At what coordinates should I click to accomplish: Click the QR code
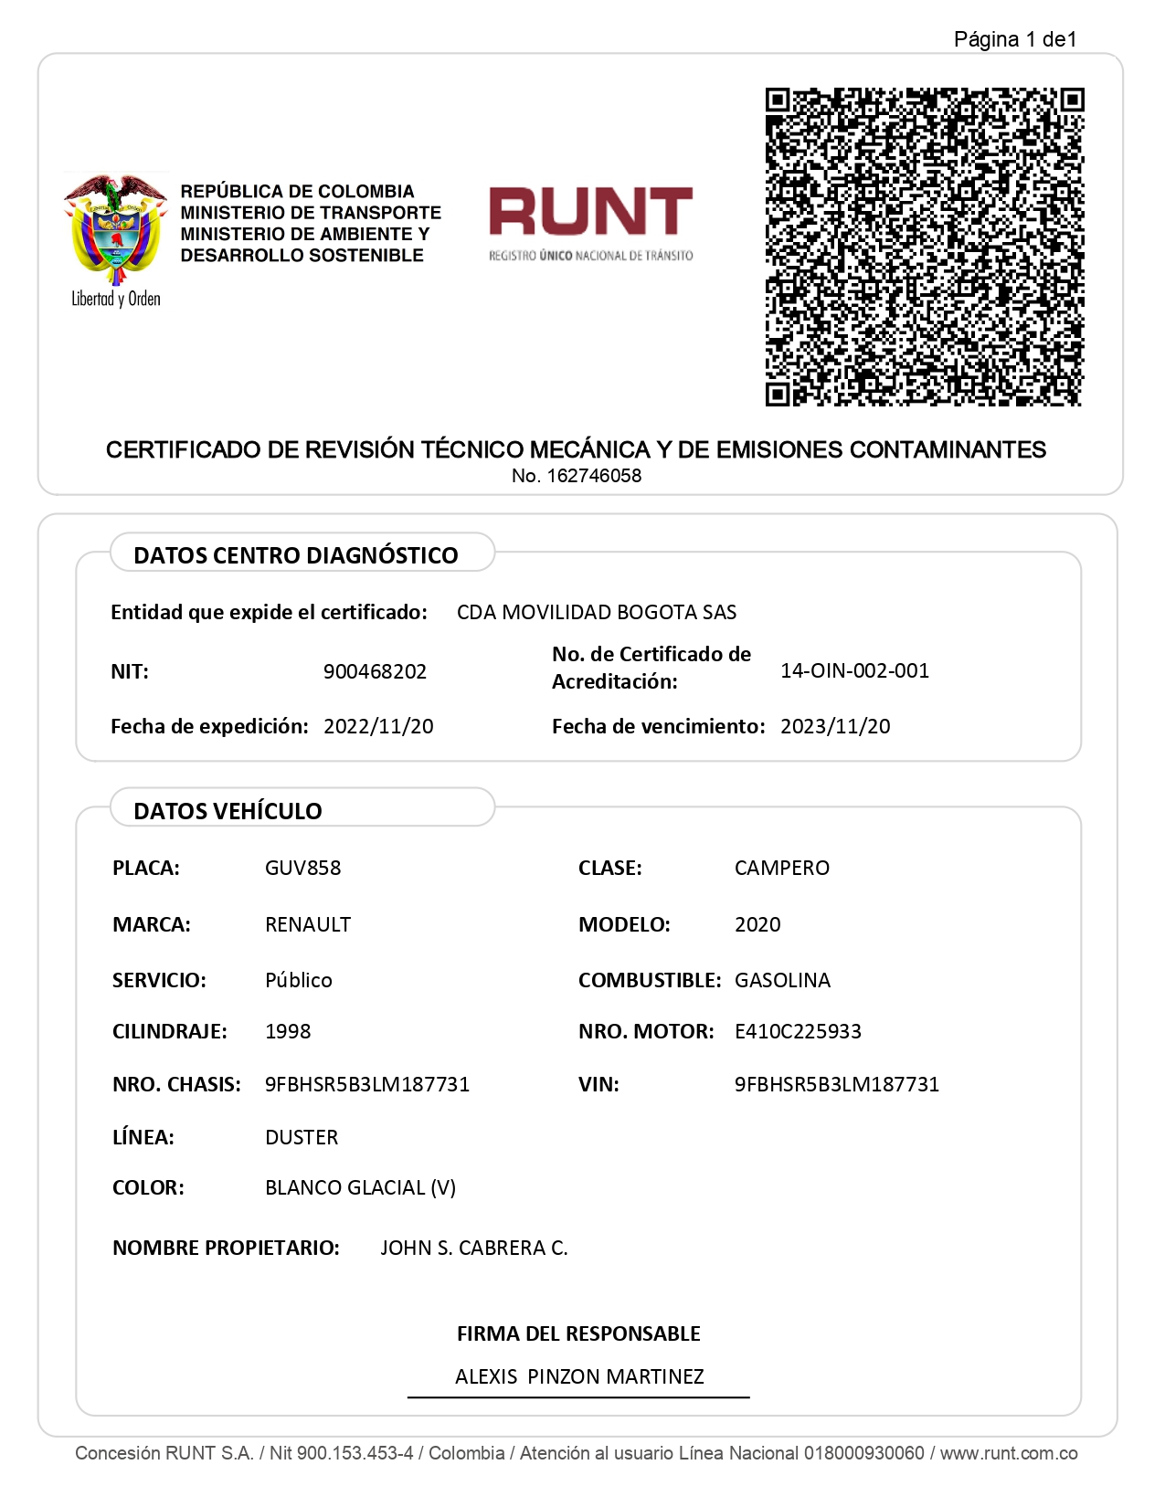[924, 247]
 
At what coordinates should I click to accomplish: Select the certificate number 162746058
[594, 476]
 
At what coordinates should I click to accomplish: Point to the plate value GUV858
[302, 868]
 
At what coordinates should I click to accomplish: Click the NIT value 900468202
[375, 671]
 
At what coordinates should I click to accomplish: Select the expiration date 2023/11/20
[835, 726]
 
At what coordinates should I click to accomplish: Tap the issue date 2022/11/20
[378, 726]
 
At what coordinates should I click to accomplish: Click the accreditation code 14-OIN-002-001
[854, 670]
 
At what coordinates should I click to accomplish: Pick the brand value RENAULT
[308, 924]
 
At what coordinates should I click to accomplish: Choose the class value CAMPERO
[782, 868]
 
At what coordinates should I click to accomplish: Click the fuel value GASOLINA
[782, 980]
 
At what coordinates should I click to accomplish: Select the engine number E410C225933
[798, 1031]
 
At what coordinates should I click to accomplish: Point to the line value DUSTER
[302, 1137]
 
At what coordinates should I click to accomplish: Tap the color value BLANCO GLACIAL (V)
[360, 1187]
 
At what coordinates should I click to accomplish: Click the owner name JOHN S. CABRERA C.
[474, 1248]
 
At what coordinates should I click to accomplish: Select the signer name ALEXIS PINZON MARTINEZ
[579, 1376]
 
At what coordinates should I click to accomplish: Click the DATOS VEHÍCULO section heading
[228, 811]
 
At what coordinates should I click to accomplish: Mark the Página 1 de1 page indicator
[1015, 39]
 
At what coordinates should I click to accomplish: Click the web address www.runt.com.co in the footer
[1009, 1453]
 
